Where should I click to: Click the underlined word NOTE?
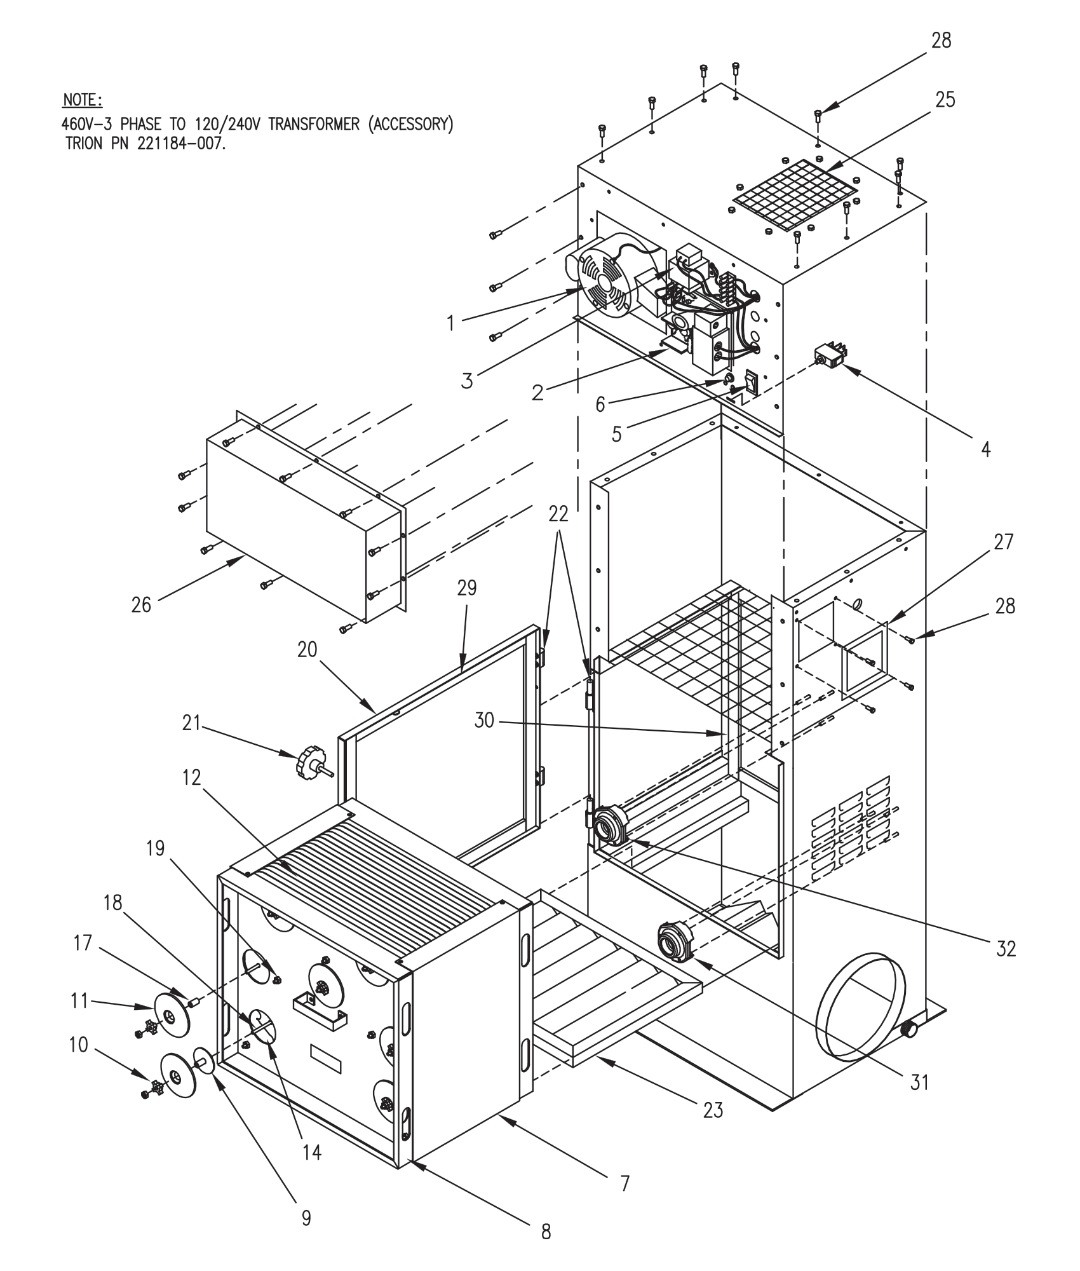(82, 101)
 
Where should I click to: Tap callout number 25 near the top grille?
(945, 100)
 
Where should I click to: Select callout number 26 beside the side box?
(141, 604)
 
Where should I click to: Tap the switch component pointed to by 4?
(828, 354)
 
